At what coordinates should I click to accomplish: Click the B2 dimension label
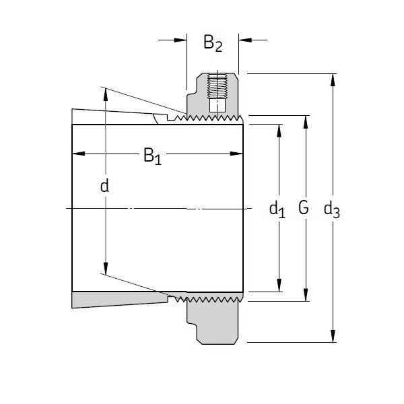[x=213, y=44]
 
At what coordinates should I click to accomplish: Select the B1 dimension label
[x=152, y=157]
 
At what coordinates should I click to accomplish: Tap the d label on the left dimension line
[x=104, y=186]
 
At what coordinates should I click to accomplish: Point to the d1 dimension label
[x=277, y=209]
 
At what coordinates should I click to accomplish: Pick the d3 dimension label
[x=331, y=209]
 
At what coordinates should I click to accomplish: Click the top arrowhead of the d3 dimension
[x=332, y=78]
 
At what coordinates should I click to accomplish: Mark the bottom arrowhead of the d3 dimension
[x=332, y=337]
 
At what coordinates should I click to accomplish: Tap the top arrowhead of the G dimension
[x=306, y=121]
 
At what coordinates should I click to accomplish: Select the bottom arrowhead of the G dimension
[x=306, y=296]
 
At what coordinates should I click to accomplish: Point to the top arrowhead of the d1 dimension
[x=280, y=129]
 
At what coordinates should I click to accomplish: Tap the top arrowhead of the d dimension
[x=105, y=93]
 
